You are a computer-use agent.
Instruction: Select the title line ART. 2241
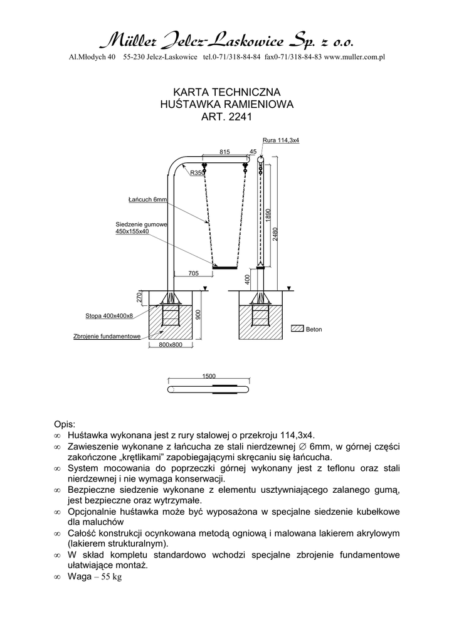pos(226,116)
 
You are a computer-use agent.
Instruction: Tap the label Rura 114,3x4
pos(280,140)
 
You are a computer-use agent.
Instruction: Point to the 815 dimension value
pos(225,152)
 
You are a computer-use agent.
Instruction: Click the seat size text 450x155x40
pos(132,231)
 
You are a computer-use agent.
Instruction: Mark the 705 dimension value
pos(193,273)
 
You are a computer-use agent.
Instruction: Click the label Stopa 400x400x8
pos(113,315)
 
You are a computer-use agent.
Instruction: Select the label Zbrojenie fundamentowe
pos(107,337)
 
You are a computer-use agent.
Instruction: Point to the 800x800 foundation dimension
pos(170,345)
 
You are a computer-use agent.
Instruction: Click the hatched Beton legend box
pos(297,329)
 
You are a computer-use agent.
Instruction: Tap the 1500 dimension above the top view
pos(209,376)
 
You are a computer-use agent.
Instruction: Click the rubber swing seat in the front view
pos(224,267)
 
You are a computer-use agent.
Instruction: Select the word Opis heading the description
pos(65,424)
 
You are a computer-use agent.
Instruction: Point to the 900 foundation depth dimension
pos(198,315)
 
